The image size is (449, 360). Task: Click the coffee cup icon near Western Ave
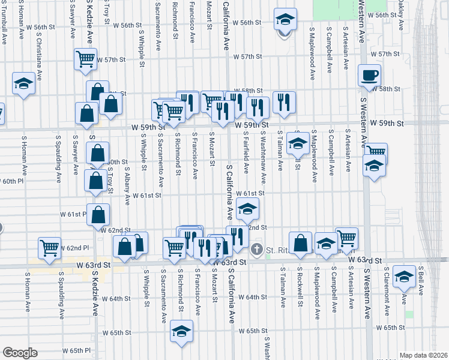coord(369,75)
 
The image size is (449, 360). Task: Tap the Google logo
coord(20,353)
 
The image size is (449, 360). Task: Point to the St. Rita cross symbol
coord(257,249)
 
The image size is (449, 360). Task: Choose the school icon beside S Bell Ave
coord(405,276)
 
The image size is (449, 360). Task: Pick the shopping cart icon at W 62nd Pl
coord(50,247)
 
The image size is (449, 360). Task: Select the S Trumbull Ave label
coord(4,30)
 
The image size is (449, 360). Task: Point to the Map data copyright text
coord(423,355)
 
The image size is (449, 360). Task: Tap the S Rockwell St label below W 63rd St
coord(300,290)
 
